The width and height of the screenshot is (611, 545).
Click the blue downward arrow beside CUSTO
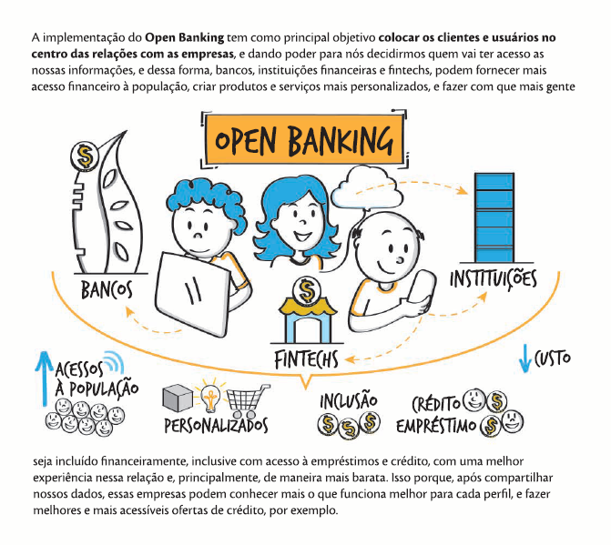524,358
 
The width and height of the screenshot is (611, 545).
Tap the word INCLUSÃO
349,400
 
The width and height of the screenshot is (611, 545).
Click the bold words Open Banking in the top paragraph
190,37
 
